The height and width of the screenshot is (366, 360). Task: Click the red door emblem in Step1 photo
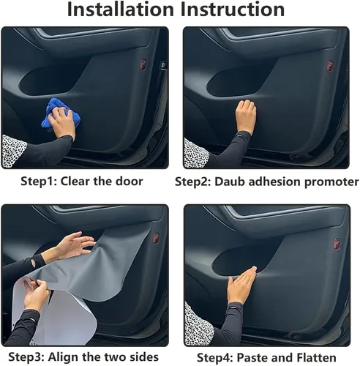point(154,64)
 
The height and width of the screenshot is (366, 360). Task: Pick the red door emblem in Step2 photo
point(335,64)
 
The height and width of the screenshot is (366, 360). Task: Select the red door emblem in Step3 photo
point(155,238)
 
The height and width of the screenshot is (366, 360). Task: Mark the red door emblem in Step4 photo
point(336,242)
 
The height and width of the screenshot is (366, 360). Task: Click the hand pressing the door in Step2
point(247,115)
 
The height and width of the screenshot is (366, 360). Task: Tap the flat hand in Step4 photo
point(241,285)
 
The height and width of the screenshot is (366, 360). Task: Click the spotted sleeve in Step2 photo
point(196,153)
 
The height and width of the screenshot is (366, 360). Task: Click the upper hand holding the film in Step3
point(73,245)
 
